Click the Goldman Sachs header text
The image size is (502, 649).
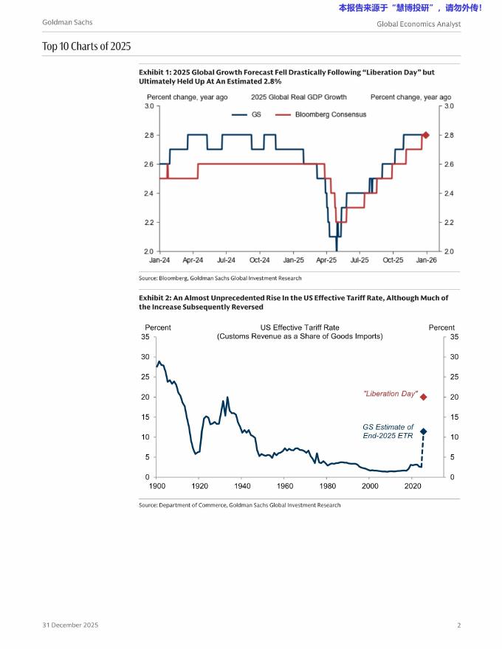[67, 23]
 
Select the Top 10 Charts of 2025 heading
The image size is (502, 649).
[86, 46]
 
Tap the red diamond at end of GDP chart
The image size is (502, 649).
[426, 135]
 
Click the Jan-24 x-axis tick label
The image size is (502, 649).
[159, 260]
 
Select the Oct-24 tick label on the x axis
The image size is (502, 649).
[260, 260]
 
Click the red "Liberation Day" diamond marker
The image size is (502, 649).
[423, 397]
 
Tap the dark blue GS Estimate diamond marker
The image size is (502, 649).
[423, 431]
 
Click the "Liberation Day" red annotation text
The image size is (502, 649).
[391, 394]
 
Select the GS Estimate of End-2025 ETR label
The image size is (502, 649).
[388, 431]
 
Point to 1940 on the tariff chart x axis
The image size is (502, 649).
[242, 486]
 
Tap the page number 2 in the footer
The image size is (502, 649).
[458, 625]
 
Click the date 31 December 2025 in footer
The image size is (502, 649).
[69, 625]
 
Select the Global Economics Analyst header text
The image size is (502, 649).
[418, 24]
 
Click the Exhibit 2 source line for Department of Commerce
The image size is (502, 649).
[240, 505]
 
